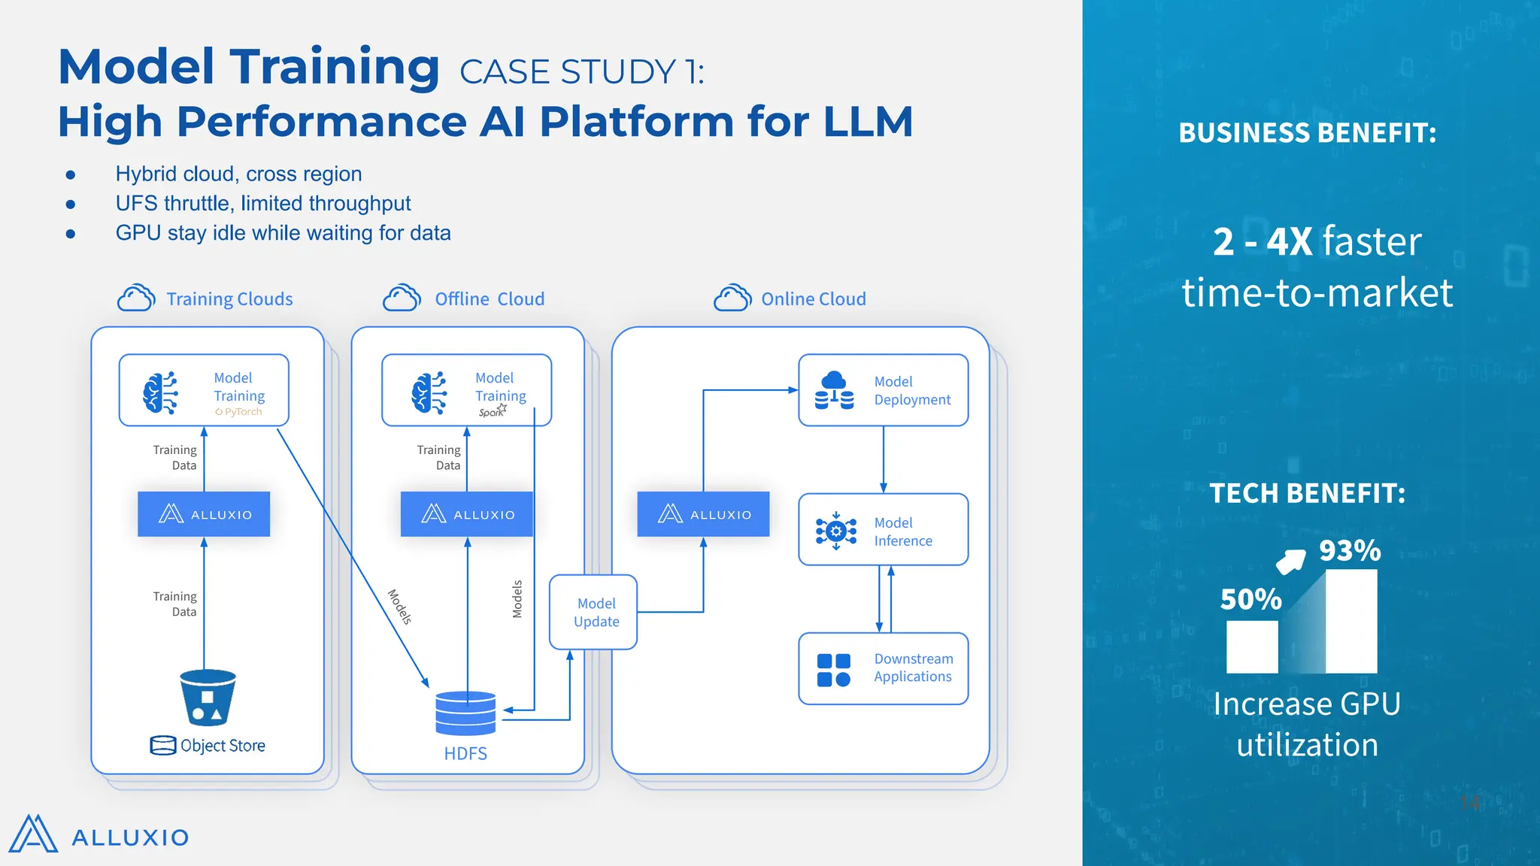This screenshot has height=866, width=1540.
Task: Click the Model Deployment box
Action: pos(883,390)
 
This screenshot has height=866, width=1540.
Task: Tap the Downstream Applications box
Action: pos(883,668)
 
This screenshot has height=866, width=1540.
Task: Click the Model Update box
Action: pos(593,612)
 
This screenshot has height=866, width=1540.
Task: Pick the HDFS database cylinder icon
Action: pos(465,713)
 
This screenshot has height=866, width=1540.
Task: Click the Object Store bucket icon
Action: pos(208,697)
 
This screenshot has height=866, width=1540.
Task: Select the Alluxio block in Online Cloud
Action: pos(703,514)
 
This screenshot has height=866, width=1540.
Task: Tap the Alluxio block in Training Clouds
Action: pos(204,514)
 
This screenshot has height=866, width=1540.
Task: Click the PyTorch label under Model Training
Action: pos(239,412)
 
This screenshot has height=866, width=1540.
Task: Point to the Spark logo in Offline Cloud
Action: pos(493,411)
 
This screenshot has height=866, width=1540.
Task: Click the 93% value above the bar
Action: pos(1350,551)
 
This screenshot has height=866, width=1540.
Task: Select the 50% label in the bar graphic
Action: pos(1250,599)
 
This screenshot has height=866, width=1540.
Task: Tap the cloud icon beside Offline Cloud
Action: pos(402,298)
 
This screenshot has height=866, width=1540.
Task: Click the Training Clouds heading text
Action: pos(229,299)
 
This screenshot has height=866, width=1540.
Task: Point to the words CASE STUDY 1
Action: pos(581,72)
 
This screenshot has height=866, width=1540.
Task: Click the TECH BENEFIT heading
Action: pos(1307,493)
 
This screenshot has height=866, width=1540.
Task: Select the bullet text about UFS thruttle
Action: pos(262,204)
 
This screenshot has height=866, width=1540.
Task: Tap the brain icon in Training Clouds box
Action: pos(160,392)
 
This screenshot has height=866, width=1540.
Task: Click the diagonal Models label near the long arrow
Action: pos(400,607)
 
